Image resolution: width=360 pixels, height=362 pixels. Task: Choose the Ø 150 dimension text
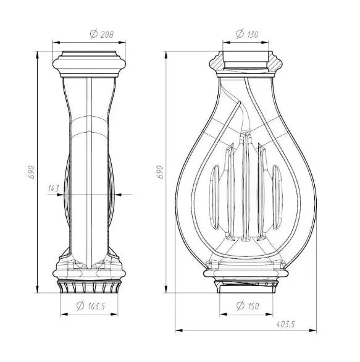coord(247,305)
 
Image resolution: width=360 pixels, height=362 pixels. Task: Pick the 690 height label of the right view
coord(159,172)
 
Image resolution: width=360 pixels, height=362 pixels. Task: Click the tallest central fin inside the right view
coord(247,185)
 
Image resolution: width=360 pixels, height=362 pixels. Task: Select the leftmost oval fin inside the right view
coord(216,193)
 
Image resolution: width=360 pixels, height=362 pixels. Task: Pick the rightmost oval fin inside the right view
coord(275,193)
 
